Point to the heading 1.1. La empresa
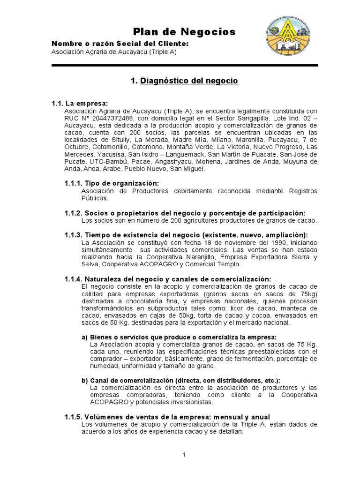coord(80,103)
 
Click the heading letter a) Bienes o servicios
coord(85,337)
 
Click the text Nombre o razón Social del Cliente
coord(120,44)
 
